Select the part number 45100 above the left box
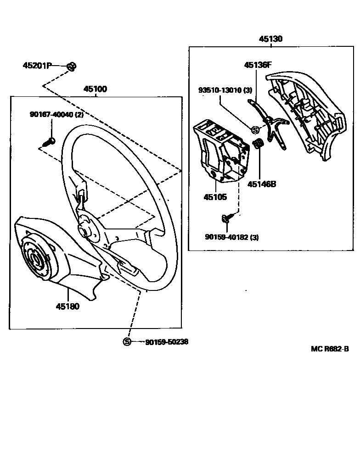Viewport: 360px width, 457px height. tap(95, 89)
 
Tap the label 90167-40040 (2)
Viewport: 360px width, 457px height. tap(57, 115)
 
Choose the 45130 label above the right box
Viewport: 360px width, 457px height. tap(270, 39)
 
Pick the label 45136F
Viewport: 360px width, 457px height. tap(258, 65)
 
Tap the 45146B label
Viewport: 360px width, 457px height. tap(261, 184)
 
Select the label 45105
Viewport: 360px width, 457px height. tap(215, 197)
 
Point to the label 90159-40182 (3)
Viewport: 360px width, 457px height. tap(232, 237)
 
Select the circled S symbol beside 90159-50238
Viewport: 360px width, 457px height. tap(127, 342)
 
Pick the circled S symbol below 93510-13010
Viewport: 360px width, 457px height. tap(255, 130)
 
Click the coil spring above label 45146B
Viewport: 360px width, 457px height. tap(259, 144)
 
